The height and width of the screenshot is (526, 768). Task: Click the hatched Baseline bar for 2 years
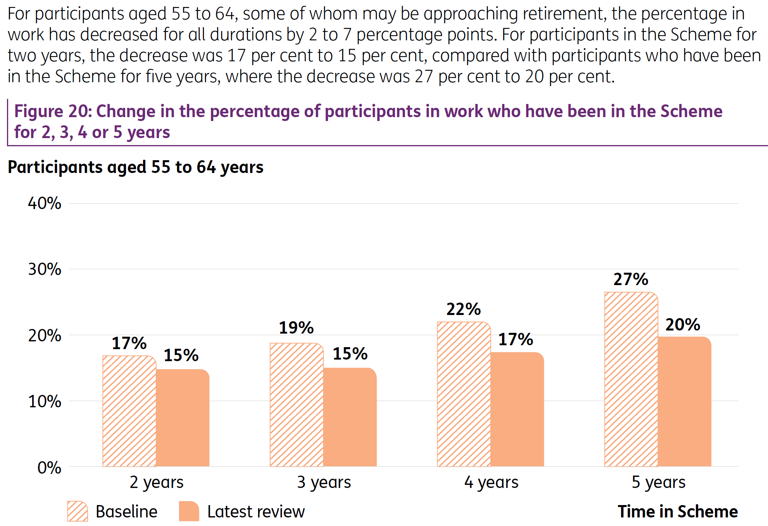coord(129,411)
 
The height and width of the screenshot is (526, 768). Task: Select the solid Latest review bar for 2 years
coord(183,418)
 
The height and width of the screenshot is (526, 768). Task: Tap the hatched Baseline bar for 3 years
coord(297,405)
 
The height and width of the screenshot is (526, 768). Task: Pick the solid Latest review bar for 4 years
coord(517,409)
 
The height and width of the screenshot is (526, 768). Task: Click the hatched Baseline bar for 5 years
coord(631,379)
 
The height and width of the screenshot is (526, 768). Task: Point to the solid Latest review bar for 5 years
coord(685,401)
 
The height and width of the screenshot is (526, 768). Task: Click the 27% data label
coord(631,279)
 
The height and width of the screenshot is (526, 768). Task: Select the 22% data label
coord(464,309)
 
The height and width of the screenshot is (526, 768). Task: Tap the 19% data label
coord(296,328)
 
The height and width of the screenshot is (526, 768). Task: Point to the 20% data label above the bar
coord(683,325)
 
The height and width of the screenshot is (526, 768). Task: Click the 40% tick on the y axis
coord(45,203)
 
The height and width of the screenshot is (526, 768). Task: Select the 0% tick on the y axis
coord(49,467)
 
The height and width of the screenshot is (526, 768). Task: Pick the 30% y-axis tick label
coord(45,269)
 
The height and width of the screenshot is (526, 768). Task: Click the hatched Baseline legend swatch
coord(78,511)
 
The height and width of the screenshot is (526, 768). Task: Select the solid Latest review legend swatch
coord(189,511)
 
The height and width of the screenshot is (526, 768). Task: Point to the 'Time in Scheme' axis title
coord(678,511)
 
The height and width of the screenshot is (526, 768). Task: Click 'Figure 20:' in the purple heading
coord(52,111)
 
